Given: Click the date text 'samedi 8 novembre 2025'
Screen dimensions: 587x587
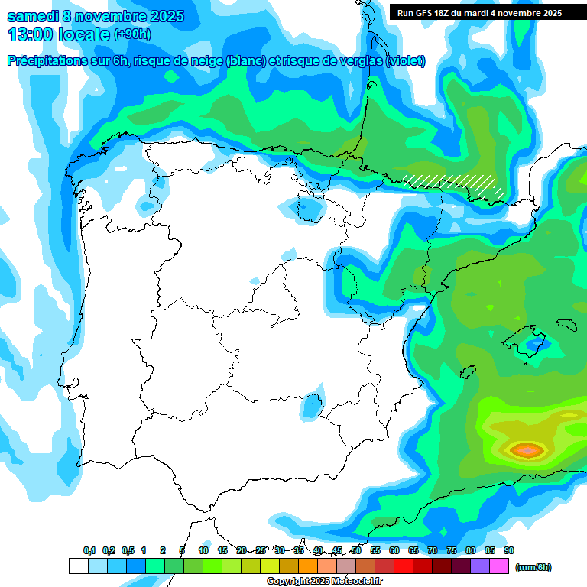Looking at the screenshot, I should [96, 16].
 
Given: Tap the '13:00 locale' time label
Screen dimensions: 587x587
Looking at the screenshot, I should [60, 34].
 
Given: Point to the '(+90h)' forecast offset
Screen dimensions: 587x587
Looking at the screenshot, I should [132, 34].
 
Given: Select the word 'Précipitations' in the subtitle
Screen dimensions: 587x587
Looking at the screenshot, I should [47, 61].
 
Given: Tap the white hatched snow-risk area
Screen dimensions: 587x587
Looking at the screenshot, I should [451, 182].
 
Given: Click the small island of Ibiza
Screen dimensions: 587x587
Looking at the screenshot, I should [466, 372].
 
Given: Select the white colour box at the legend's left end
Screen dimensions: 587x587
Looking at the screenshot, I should [78, 566].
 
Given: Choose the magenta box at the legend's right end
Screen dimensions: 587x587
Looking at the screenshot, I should [499, 566].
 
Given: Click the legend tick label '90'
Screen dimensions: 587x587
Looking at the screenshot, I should [508, 550].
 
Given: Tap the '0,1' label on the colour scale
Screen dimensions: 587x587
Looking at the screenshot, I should [89, 550].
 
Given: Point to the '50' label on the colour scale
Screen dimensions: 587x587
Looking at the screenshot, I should [356, 550].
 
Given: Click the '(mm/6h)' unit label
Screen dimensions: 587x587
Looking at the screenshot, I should [533, 567].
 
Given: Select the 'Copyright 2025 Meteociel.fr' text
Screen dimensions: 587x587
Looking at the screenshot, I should [324, 582].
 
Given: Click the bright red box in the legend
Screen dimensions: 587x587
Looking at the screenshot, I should [403, 566].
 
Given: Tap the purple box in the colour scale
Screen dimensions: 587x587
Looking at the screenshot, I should [480, 566].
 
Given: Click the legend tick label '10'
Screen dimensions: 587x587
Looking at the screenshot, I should [203, 550].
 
